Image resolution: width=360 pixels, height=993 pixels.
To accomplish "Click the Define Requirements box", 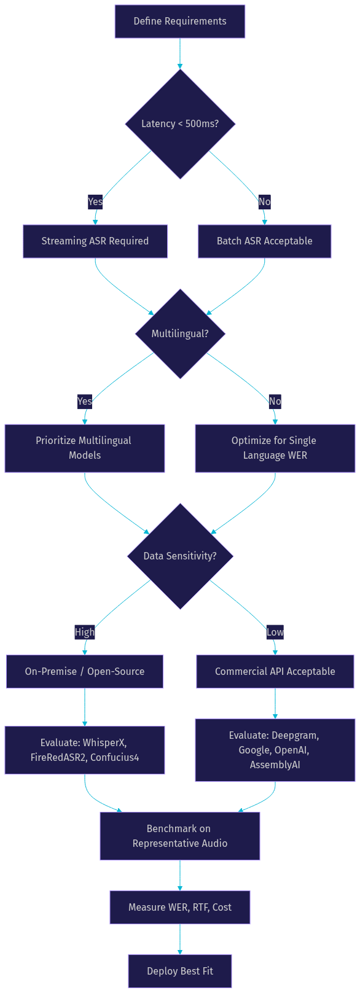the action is (x=180, y=21).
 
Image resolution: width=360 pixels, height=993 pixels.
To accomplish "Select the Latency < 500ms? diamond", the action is (x=180, y=124).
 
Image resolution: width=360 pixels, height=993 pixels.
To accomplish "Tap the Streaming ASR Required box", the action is (x=95, y=241).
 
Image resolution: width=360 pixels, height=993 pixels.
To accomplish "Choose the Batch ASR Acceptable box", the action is (x=265, y=241).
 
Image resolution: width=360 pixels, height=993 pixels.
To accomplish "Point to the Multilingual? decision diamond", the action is (x=180, y=334).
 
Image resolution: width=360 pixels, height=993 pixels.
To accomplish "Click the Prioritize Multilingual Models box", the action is (x=85, y=448).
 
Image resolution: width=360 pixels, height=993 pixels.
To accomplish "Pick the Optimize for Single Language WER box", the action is (x=275, y=448).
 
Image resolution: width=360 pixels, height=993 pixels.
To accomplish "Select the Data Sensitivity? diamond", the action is (x=180, y=556).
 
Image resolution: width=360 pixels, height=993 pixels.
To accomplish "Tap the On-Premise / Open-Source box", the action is (x=85, y=672).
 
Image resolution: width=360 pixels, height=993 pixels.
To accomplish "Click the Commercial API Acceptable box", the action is (x=275, y=672).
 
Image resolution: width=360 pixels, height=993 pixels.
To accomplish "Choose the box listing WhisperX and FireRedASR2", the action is (x=85, y=750).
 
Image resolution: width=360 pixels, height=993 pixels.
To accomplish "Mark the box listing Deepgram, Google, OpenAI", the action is (x=275, y=750).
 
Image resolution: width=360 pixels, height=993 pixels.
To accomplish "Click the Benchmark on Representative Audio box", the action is (x=180, y=836).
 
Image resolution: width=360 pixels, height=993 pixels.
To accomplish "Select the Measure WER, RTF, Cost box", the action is (x=180, y=908).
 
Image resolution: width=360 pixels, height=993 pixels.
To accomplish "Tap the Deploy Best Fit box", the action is (x=180, y=972).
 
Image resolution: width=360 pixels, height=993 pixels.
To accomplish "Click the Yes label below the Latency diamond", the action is (x=95, y=201).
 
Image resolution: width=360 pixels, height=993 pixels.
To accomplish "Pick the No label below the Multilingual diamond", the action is (x=275, y=401).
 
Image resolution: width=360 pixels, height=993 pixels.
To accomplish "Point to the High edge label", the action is (x=85, y=632).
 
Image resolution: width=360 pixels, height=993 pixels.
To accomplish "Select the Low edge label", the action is (x=275, y=632).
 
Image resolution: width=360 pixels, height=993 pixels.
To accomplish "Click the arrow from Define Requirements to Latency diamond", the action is (x=180, y=53).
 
